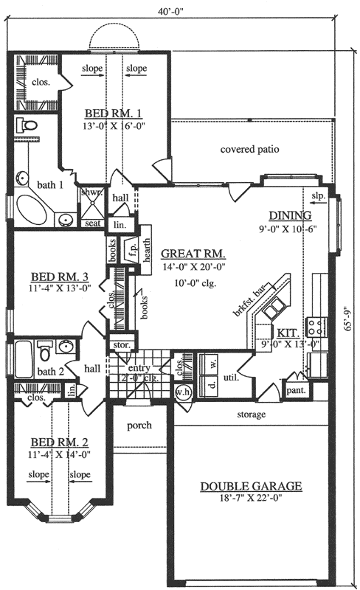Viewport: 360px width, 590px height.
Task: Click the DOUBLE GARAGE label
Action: tap(251, 486)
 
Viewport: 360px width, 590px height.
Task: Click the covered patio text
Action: tap(249, 149)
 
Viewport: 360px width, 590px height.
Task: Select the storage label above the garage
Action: tap(251, 414)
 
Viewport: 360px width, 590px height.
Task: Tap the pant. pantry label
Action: tap(294, 391)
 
